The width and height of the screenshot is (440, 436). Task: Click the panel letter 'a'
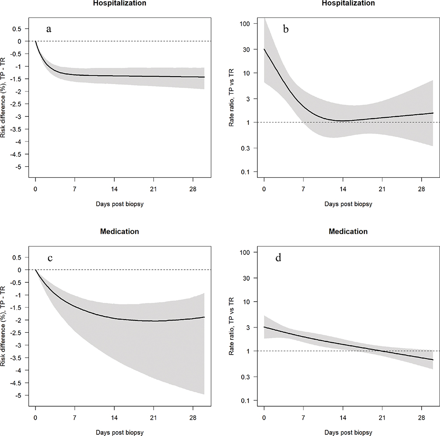(49, 29)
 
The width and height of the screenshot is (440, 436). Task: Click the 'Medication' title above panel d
(348, 231)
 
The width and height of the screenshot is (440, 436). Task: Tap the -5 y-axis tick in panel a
(19, 167)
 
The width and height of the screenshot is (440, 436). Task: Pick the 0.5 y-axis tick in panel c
(18, 257)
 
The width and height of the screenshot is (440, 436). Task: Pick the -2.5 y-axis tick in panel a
(18, 104)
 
